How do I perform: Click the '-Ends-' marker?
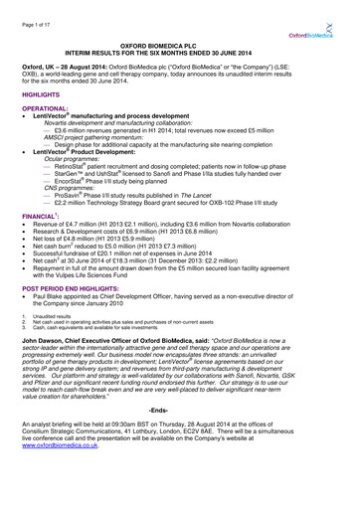tap(179, 437)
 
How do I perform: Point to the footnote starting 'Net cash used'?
tap(109, 350)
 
